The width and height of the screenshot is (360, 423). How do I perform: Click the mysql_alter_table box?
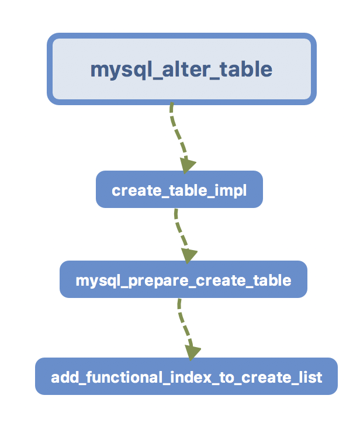point(181,69)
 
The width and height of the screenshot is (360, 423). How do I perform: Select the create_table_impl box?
point(179,190)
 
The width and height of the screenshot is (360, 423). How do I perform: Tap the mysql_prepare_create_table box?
point(183,280)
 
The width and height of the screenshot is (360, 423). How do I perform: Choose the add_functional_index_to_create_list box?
point(186,377)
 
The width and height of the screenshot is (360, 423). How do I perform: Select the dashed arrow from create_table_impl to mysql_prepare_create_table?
point(179,231)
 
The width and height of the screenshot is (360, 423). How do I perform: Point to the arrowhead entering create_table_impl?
point(188,165)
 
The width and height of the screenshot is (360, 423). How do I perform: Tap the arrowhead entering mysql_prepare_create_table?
point(189,255)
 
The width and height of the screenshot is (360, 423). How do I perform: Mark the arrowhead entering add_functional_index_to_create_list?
point(192,352)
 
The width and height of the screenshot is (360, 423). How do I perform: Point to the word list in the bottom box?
point(310,377)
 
